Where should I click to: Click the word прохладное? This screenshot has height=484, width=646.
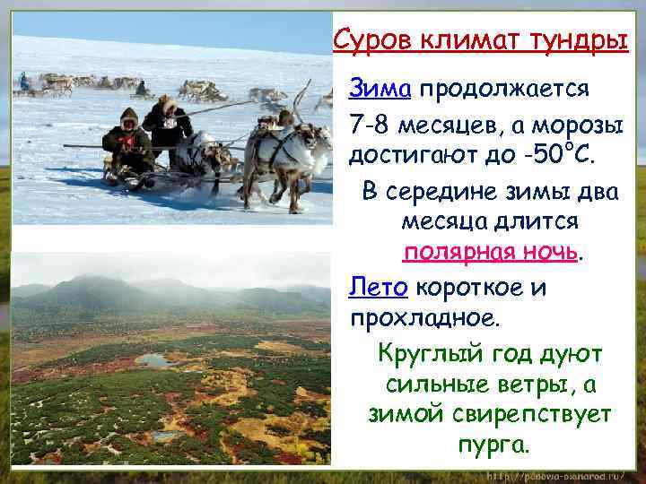coord(425,318)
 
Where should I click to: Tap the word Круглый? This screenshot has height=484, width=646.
coord(428,353)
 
